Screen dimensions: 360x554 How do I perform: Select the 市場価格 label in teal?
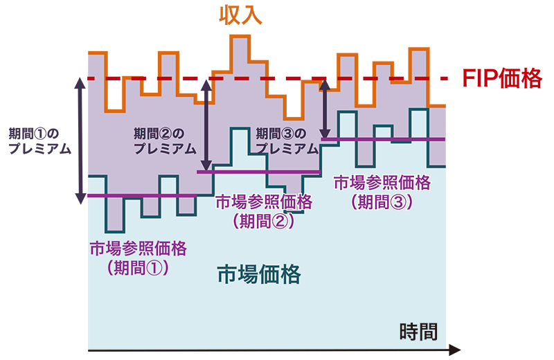259,275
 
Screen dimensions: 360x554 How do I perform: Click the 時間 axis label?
419,332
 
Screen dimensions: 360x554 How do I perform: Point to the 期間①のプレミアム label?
39,140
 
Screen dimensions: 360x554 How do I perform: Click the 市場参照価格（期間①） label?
138,257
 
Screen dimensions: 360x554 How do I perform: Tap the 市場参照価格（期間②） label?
264,211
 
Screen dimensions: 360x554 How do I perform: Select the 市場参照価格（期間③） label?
382,192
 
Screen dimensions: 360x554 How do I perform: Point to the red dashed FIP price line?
277,79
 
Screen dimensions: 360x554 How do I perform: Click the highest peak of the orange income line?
240,35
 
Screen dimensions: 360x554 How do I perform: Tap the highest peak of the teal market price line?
418,109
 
